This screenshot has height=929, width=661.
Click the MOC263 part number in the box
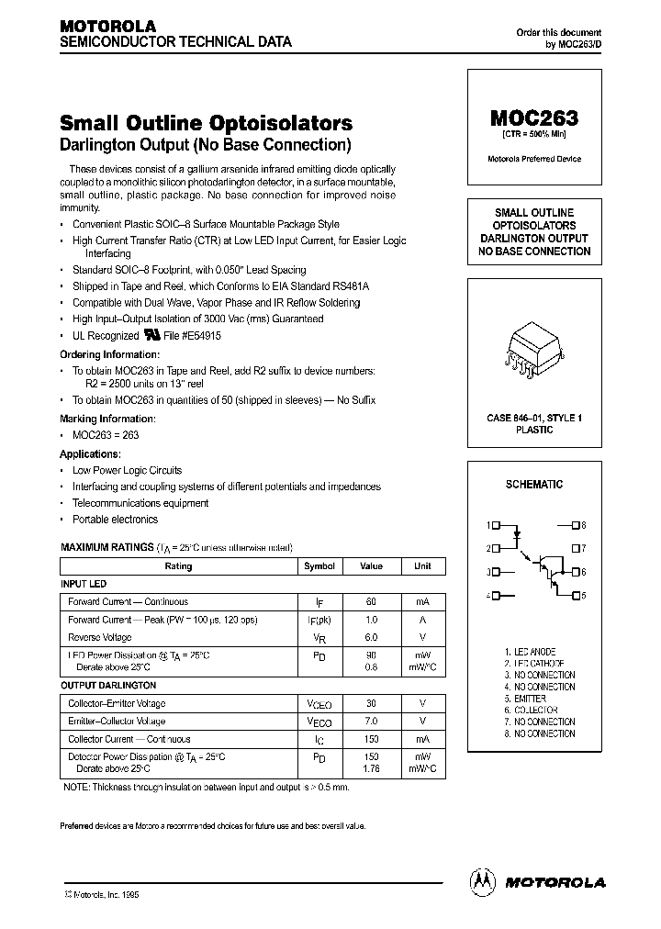click(x=533, y=118)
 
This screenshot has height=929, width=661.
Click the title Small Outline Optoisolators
click(x=206, y=123)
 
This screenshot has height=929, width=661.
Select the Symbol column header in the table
click(x=319, y=566)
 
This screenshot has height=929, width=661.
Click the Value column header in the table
click(x=371, y=566)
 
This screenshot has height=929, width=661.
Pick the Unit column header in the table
click(x=422, y=566)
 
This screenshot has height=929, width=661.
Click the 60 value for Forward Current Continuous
click(x=371, y=602)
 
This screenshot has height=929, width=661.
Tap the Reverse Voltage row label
click(x=100, y=636)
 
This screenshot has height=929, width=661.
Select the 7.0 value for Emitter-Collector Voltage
click(x=371, y=722)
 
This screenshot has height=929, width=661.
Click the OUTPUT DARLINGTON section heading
click(x=108, y=685)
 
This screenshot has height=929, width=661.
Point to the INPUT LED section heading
click(x=84, y=584)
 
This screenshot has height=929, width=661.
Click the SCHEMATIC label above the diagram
click(x=533, y=484)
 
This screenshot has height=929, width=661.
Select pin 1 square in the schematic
click(x=496, y=526)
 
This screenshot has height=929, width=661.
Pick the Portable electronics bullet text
click(x=116, y=520)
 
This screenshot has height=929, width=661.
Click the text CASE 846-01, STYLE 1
click(x=533, y=418)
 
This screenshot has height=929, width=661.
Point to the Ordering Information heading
click(x=109, y=353)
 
